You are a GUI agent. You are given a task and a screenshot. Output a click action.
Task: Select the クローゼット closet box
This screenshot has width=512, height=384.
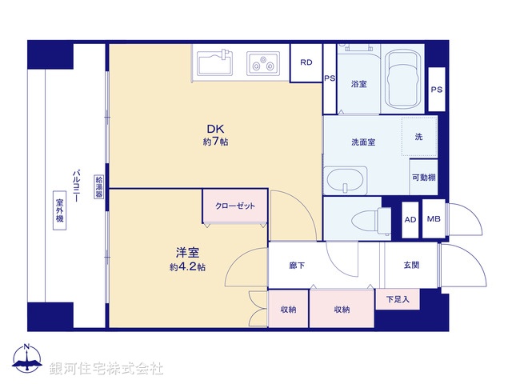(x=235, y=206)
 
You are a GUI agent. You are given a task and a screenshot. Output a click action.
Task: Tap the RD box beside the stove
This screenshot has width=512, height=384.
(x=306, y=63)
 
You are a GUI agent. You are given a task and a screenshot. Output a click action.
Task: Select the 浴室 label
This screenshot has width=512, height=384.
(x=358, y=84)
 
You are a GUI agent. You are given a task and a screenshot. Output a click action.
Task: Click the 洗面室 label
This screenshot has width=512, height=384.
(x=363, y=142)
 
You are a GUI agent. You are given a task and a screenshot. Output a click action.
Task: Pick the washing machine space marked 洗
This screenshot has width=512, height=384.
(x=418, y=138)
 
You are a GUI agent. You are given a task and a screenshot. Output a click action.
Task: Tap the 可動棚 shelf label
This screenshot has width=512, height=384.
(x=423, y=178)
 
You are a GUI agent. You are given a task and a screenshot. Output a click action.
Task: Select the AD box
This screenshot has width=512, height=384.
(x=410, y=219)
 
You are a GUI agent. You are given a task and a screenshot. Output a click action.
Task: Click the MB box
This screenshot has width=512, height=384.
(x=433, y=219)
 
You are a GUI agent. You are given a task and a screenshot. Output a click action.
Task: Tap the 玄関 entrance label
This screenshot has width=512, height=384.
(x=411, y=266)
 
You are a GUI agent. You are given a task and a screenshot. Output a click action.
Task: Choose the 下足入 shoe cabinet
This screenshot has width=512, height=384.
(x=397, y=300)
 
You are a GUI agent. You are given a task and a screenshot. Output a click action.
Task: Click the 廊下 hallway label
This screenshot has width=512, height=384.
(x=296, y=266)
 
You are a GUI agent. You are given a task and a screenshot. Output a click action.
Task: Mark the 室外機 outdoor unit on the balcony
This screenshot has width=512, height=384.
(x=59, y=211)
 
